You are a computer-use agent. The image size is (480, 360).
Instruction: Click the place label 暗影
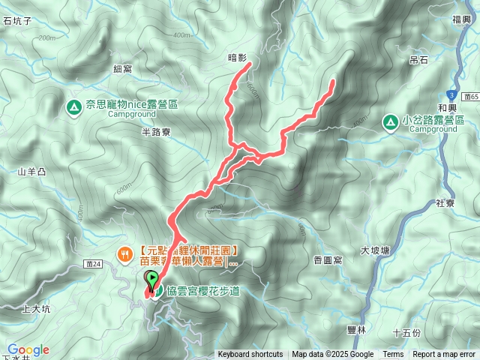point(237,57)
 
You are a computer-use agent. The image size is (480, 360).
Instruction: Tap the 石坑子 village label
point(16,22)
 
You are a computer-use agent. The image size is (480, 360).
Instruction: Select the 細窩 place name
point(122,69)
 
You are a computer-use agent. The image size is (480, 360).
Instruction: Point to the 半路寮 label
point(156,131)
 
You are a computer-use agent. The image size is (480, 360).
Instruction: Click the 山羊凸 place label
point(32,172)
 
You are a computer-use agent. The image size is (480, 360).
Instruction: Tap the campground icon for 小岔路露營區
point(390,121)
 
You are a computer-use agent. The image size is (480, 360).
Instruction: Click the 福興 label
point(461,21)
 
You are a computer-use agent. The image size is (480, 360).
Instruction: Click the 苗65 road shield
point(471,97)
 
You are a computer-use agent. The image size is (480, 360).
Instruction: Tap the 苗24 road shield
point(94,265)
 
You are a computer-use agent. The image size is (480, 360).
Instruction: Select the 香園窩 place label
point(328,259)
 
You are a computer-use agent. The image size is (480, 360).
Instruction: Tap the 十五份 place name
point(406,331)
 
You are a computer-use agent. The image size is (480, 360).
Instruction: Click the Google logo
point(28,350)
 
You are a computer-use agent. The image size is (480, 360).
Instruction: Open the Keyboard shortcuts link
point(250,355)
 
